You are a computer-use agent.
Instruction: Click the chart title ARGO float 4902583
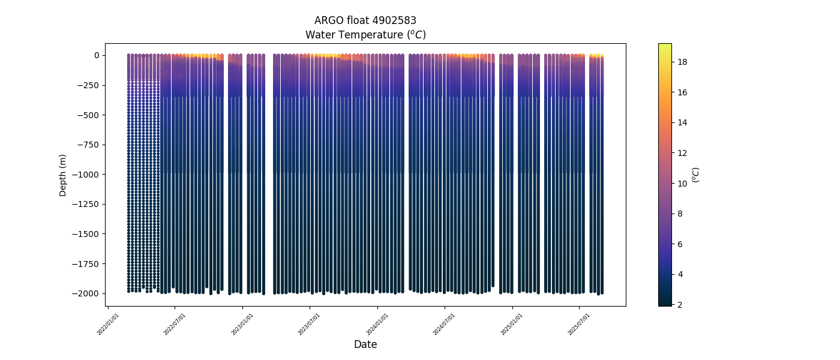pos(365,21)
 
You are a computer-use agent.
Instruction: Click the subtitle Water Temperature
pos(365,35)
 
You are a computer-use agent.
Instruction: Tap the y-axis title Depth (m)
pos(62,175)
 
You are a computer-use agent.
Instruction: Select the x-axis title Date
pos(365,344)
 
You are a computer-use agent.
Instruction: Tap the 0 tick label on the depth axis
pos(96,55)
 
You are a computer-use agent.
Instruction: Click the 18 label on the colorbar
pos(682,62)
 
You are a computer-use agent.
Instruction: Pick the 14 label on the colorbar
pos(682,123)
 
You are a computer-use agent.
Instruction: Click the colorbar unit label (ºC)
pos(695,175)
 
